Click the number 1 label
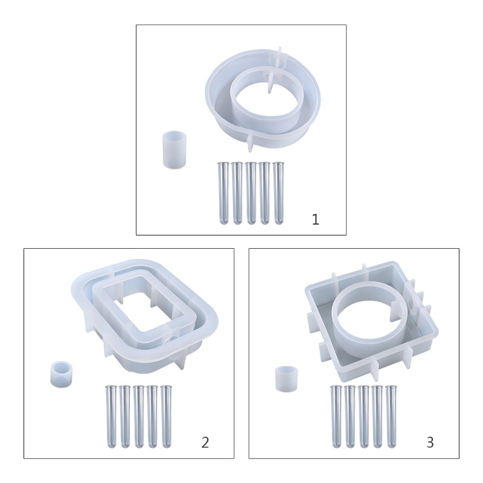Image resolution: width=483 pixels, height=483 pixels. click(x=315, y=220)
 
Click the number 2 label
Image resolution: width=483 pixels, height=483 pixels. click(x=205, y=443)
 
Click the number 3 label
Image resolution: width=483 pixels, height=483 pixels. click(x=430, y=443)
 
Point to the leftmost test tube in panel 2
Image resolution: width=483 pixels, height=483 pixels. click(x=111, y=416)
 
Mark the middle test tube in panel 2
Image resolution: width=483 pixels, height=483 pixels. click(x=139, y=416)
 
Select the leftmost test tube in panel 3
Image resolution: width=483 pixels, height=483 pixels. click(x=336, y=416)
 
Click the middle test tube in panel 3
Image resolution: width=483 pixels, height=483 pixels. click(x=364, y=416)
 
